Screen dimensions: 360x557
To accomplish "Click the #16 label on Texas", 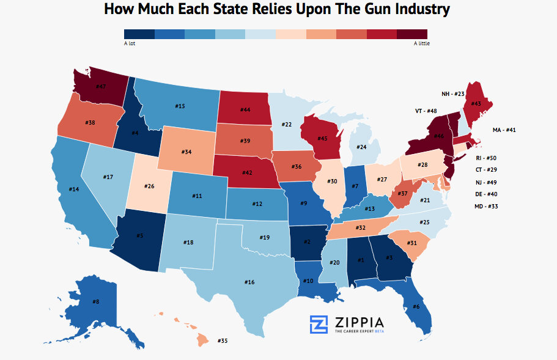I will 249,282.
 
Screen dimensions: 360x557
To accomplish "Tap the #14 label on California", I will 74,189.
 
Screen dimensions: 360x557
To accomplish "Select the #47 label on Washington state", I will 101,86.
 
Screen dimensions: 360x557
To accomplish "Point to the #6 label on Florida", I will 416,306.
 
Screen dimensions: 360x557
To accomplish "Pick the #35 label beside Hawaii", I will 222,340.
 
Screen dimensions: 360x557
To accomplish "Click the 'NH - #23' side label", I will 454,94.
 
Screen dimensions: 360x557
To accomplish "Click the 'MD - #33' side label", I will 486,206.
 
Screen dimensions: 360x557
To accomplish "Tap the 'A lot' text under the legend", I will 130,43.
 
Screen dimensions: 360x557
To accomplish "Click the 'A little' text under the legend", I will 421,43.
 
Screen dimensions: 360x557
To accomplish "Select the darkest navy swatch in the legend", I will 139,34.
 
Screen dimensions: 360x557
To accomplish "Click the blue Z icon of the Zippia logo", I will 319,325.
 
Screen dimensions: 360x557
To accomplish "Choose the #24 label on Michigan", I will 361,147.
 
